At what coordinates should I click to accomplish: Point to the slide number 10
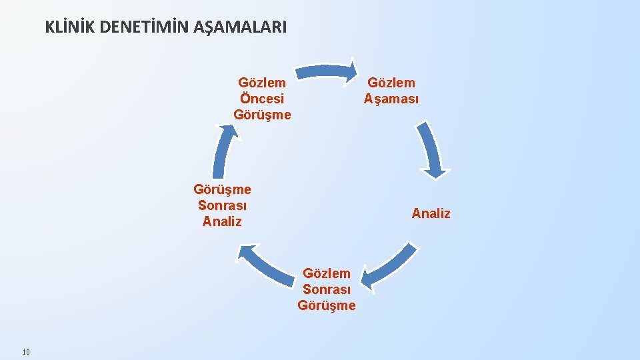tap(26, 352)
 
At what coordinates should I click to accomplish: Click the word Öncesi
tap(262, 99)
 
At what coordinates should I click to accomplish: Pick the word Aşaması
tap(391, 99)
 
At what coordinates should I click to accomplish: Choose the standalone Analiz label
tap(431, 213)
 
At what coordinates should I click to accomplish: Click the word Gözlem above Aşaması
tap(391, 83)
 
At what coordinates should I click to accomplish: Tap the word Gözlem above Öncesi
tap(262, 83)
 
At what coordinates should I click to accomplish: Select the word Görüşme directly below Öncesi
tap(262, 115)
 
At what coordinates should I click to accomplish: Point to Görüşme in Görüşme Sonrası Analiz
tap(222, 189)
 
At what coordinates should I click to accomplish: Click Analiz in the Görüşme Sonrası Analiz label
tap(222, 221)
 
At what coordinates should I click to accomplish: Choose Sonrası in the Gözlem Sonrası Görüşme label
tap(327, 289)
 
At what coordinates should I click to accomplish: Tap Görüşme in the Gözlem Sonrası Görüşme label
tap(327, 305)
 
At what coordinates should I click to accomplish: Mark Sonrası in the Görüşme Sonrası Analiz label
tap(222, 205)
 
